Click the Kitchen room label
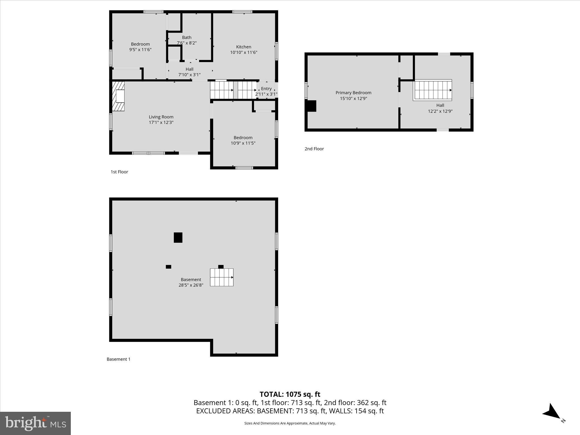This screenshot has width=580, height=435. [x=244, y=47]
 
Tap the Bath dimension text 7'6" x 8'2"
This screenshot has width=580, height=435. [x=187, y=43]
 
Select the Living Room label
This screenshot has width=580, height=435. [x=161, y=117]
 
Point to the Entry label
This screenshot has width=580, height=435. [x=266, y=89]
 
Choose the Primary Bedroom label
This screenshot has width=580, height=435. [x=353, y=93]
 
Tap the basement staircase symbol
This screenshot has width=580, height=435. [x=221, y=277]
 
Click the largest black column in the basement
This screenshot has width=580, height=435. [x=178, y=237]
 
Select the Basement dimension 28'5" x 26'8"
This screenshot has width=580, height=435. [x=191, y=285]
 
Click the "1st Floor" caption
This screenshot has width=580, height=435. [x=119, y=172]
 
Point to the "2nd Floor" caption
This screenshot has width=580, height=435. [x=314, y=149]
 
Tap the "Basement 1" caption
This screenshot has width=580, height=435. [x=118, y=359]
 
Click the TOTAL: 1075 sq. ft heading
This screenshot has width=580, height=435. [x=290, y=394]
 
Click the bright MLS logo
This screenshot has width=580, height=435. [x=35, y=423]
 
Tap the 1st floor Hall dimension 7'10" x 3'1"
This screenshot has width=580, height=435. [x=189, y=75]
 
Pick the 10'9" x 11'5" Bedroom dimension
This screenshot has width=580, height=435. [x=243, y=143]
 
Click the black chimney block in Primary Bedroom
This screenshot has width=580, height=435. [x=312, y=106]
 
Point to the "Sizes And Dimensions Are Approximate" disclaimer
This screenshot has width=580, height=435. [x=290, y=423]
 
